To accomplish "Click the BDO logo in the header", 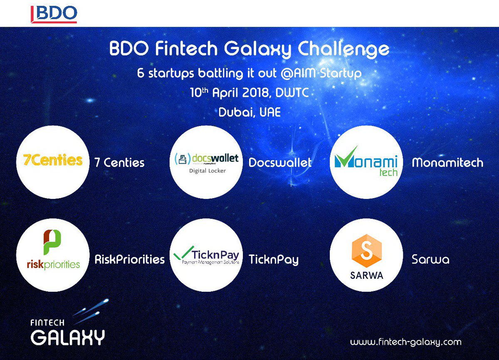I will tap(54, 13).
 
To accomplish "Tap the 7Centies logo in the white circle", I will tap(52, 161).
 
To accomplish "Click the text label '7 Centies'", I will tap(119, 162).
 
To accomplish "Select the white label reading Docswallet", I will tap(280, 162).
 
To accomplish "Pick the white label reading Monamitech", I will tap(447, 162).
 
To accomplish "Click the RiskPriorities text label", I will tap(129, 260).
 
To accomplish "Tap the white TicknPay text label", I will tap(274, 260).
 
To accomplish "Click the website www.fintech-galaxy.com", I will tap(405, 342).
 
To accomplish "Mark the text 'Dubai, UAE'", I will tap(249, 112).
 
